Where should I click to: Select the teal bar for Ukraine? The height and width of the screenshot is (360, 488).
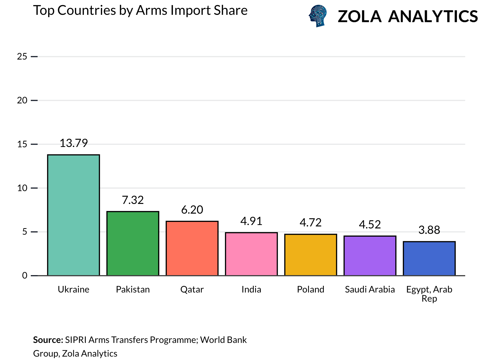(74, 215)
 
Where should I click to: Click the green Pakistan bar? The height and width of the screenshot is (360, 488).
(133, 244)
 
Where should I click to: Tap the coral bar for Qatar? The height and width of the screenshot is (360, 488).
(192, 248)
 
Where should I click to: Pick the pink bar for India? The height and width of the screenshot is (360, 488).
(251, 254)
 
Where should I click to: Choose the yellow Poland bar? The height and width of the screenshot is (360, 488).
(311, 255)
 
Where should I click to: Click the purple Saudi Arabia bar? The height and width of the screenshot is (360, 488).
(370, 256)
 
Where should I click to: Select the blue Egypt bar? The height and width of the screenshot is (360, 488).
(429, 259)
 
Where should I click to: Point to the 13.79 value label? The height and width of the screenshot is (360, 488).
(74, 143)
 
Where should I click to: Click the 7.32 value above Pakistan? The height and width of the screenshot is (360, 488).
(133, 200)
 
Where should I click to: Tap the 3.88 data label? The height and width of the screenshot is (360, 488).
(429, 230)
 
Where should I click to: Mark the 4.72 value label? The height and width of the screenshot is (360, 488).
(311, 222)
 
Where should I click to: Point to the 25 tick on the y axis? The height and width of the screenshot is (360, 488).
(22, 57)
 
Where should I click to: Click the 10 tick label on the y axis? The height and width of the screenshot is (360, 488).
(22, 188)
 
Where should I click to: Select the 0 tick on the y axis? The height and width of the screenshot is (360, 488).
(25, 276)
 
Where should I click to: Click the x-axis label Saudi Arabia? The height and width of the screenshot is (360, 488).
(370, 289)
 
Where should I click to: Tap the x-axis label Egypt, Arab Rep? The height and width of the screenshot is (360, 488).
(429, 294)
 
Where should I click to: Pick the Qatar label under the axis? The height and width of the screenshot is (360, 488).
(192, 289)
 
